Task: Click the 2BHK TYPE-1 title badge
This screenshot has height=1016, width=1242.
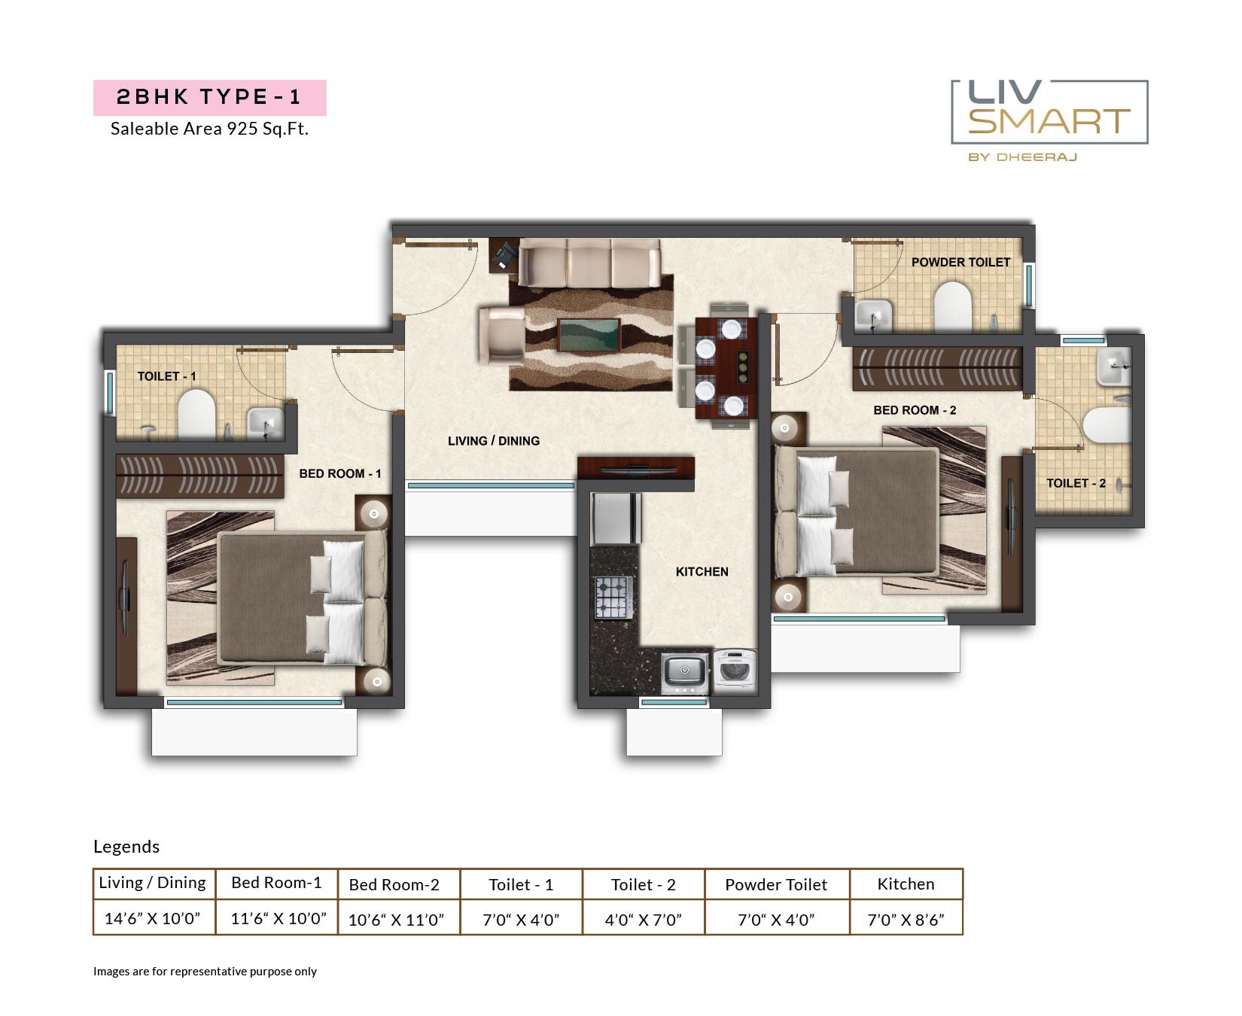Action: coord(209,97)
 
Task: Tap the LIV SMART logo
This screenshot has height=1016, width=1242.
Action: coord(1049,113)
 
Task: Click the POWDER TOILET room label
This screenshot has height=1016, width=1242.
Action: coord(960,262)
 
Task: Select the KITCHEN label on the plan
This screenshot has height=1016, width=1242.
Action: coord(702,572)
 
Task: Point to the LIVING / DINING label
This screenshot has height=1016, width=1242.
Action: coord(493,441)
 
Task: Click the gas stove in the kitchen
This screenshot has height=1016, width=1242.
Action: coord(613,597)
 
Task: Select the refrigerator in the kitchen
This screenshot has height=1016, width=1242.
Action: coord(615,519)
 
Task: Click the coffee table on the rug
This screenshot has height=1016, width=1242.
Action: coord(589,335)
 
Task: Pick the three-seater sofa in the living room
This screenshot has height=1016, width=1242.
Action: coord(589,263)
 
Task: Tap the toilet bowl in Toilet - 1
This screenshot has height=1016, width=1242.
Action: coord(196,415)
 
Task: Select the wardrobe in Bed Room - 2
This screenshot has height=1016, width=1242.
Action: coord(936,369)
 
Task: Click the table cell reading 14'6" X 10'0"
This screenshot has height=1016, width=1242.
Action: coord(153,918)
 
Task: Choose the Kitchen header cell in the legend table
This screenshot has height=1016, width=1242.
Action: coord(906,884)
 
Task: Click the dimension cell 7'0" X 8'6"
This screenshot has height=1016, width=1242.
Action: coord(906,919)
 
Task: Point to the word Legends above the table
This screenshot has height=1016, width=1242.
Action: coord(126,847)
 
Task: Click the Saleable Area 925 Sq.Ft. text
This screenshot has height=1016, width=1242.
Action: coord(209,129)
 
